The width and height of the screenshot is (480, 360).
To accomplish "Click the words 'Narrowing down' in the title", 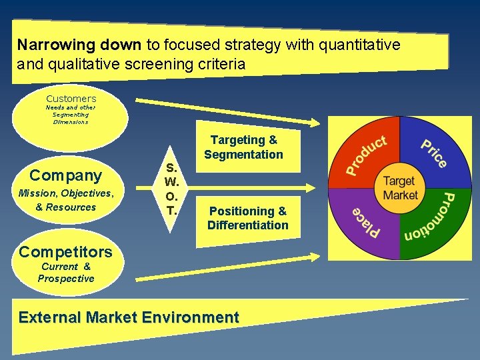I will click(79, 45).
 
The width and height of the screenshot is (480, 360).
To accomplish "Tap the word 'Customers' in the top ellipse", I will click(71, 99).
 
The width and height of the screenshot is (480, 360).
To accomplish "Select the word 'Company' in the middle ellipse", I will click(66, 175).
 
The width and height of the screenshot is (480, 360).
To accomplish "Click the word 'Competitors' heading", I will click(66, 251).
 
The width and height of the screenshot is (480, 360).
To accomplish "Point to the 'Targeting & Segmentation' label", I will click(244, 147).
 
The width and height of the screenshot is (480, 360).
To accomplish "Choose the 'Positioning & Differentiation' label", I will click(248, 218).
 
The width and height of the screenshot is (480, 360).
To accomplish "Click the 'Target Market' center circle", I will click(399, 188).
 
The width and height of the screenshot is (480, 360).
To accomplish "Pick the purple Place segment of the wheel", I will click(367, 224).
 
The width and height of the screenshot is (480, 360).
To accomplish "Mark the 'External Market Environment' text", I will click(129, 317).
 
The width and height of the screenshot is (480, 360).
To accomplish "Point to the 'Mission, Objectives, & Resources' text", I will click(66, 200).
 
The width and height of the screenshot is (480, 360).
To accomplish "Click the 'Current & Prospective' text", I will click(66, 273).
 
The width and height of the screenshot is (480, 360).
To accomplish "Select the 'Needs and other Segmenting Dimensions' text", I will click(71, 115).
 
